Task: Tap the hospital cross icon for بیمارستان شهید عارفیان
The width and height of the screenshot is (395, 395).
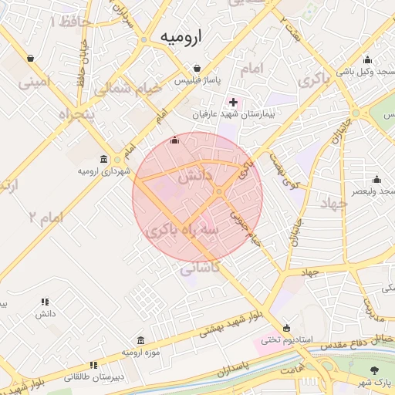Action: pyautogui.click(x=234, y=102)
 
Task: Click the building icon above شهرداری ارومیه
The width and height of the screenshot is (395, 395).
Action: pyautogui.click(x=116, y=159)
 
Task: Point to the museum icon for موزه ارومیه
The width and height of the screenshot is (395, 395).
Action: pyautogui.click(x=140, y=340)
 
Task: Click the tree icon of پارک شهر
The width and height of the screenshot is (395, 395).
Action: pyautogui.click(x=376, y=370)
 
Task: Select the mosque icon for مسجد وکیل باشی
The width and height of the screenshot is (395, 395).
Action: pyautogui.click(x=367, y=60)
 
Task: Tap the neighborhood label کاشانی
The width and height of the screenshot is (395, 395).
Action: pyautogui.click(x=200, y=267)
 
